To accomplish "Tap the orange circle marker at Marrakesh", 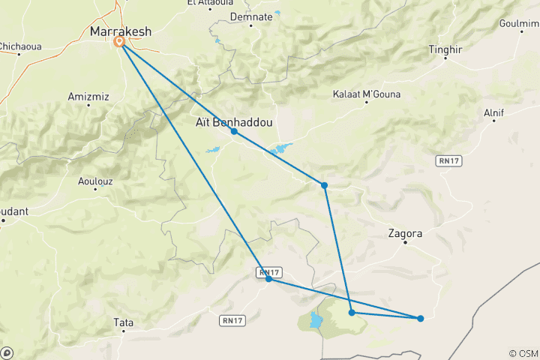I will [119, 43].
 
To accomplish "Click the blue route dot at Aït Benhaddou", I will [234, 131].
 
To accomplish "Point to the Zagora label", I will [405, 233].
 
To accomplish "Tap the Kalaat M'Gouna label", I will [367, 94].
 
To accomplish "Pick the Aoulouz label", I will [97, 180].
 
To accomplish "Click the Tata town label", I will [123, 322].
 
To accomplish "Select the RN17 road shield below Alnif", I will [448, 160].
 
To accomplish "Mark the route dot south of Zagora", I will [420, 318].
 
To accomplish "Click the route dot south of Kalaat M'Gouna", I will [324, 184].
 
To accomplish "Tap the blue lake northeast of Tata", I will [316, 321].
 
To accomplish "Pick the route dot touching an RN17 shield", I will [268, 279].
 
